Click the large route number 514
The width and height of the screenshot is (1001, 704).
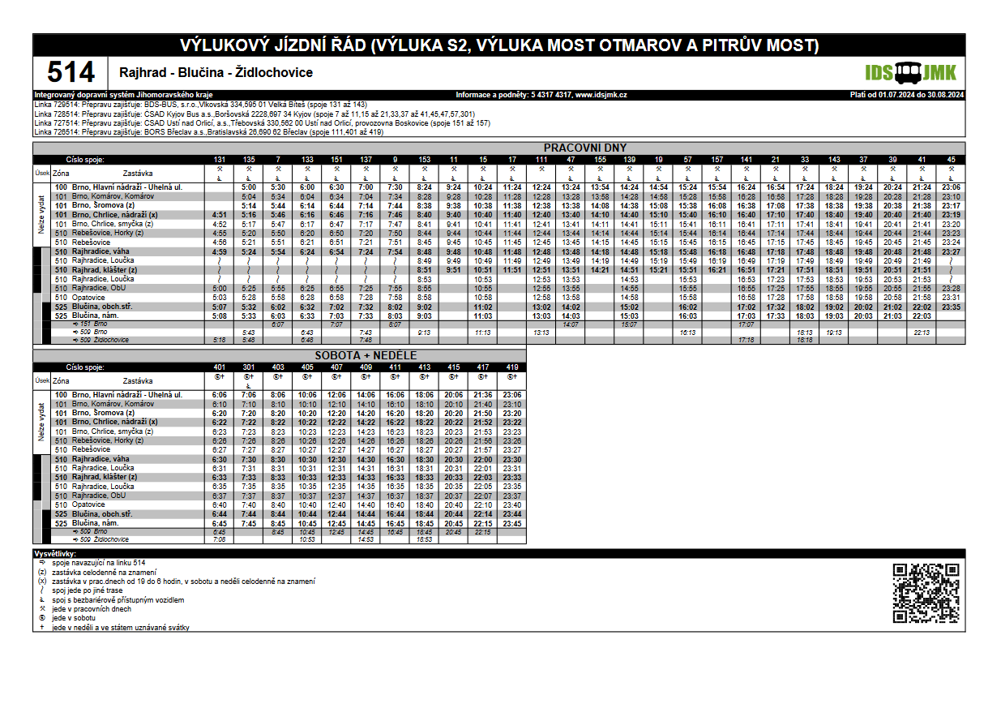[71, 73]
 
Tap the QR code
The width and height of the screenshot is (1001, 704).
[926, 595]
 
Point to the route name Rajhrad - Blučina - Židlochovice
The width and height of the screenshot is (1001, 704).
[216, 73]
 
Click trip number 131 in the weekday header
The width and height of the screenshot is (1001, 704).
[220, 159]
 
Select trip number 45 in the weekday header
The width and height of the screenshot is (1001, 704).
[951, 159]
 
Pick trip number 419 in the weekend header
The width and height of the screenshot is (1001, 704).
[511, 367]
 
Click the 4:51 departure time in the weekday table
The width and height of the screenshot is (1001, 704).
[219, 215]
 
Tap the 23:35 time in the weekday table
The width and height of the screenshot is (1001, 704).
[951, 307]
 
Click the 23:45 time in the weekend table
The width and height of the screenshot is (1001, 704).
[511, 524]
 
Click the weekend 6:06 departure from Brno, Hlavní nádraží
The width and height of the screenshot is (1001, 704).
[219, 395]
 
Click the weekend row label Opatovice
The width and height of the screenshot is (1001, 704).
[89, 504]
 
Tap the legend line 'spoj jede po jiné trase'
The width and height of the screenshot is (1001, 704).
[89, 590]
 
